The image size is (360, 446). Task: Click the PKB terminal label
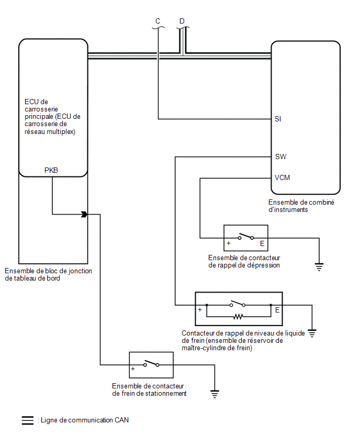click(51, 170)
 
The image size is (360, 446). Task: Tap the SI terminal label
click(278, 119)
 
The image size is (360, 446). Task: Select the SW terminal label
click(280, 157)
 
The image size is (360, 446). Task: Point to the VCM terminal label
click(282, 177)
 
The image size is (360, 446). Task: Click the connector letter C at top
click(158, 21)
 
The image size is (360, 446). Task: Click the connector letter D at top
click(182, 21)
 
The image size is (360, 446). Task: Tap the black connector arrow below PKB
click(84, 214)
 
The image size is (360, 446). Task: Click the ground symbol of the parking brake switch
click(215, 394)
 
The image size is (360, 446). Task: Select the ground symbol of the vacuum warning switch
click(319, 267)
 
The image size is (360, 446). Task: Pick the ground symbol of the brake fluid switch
click(312, 333)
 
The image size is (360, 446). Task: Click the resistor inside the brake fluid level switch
click(238, 316)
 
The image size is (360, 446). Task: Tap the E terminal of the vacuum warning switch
click(262, 243)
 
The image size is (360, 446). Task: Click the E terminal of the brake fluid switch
click(277, 310)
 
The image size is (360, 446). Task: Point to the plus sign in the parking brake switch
click(133, 369)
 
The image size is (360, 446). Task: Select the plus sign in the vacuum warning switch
click(228, 243)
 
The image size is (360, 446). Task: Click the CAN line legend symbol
click(28, 420)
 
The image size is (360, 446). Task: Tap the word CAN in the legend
click(121, 420)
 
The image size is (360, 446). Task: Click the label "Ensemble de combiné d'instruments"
click(301, 206)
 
